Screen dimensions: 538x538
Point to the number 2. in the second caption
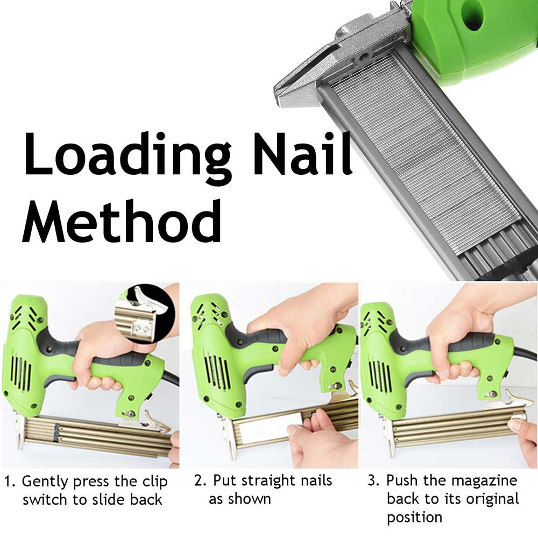[200, 480]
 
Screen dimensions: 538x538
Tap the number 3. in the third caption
[373, 480]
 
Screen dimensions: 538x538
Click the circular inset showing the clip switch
[145, 313]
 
